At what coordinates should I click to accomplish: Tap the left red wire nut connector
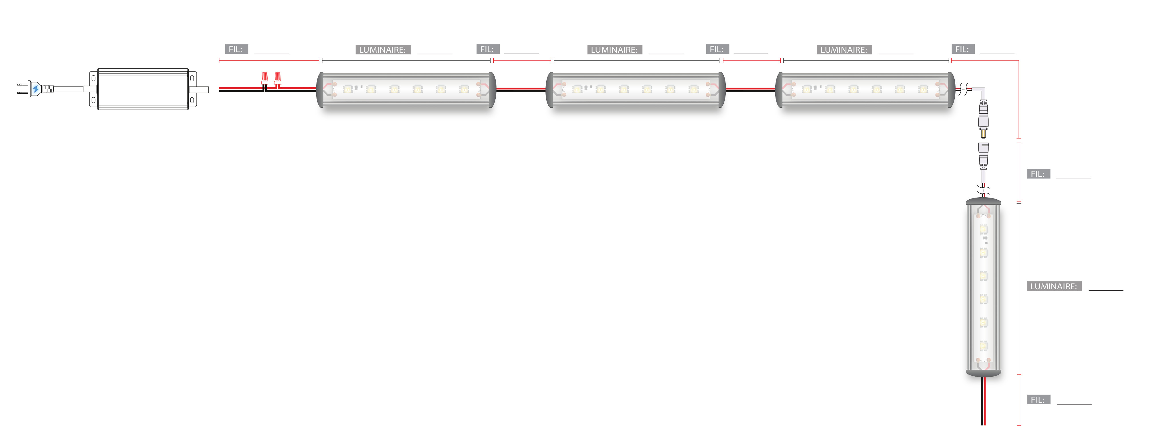(264, 79)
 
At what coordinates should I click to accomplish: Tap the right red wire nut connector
(277, 79)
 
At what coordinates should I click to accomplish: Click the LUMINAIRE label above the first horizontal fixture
(382, 50)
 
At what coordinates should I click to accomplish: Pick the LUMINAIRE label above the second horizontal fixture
(614, 50)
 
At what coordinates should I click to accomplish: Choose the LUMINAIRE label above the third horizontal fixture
(844, 50)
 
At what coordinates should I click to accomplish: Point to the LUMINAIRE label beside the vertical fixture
(1053, 286)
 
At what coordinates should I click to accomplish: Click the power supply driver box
(143, 89)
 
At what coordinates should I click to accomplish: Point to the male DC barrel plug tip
(983, 133)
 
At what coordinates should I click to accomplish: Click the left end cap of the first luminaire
(320, 90)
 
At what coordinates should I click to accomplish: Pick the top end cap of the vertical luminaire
(983, 201)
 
